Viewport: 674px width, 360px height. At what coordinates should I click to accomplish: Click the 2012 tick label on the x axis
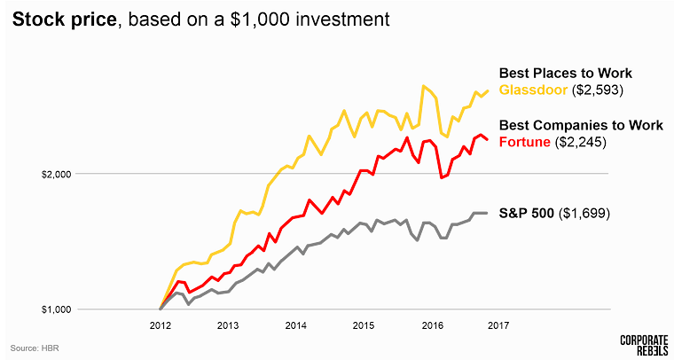161,325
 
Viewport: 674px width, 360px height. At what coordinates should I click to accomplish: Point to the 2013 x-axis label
228,325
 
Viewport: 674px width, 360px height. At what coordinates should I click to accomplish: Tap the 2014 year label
295,325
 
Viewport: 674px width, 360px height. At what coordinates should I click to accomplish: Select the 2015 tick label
363,325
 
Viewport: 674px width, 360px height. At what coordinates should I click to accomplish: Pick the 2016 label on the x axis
430,325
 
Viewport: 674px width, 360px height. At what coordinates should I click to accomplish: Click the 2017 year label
498,325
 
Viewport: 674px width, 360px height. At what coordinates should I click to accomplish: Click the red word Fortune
524,141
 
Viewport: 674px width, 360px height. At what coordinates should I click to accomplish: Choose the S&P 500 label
527,214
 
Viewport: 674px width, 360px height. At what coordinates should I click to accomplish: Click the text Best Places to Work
565,73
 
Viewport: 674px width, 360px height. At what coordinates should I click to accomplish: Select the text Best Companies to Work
581,125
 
